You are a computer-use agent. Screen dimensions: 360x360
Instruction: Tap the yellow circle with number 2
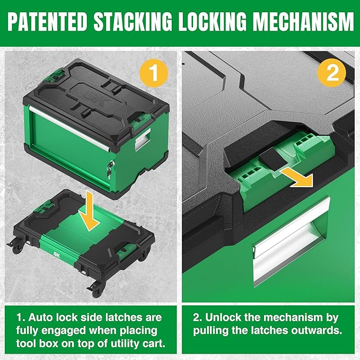click(x=332, y=74)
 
